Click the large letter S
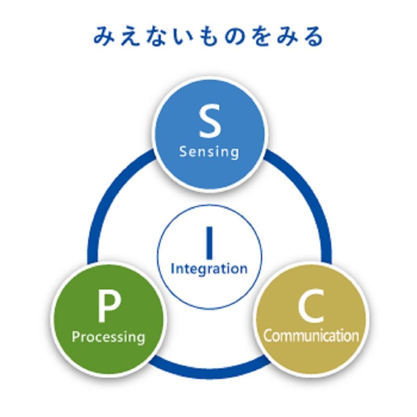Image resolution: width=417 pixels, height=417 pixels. [209, 122]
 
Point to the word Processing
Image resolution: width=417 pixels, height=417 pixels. [108, 336]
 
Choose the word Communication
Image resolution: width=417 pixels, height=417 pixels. [311, 335]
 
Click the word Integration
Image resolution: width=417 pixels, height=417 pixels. [209, 269]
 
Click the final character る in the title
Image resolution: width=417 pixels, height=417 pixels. [313, 37]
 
